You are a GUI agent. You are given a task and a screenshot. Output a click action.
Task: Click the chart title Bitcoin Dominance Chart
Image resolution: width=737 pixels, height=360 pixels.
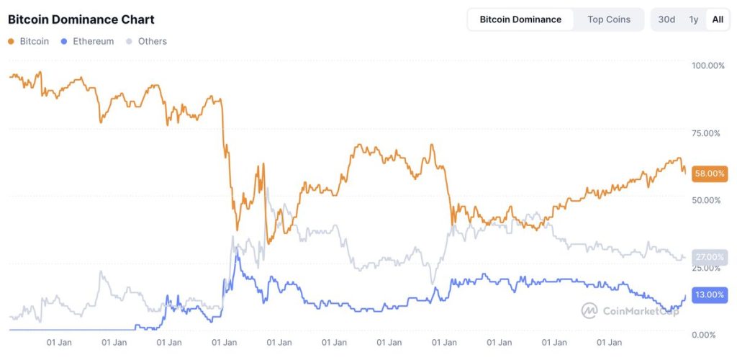(x=81, y=19)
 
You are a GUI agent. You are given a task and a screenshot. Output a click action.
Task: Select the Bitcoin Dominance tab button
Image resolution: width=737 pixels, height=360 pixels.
(x=520, y=19)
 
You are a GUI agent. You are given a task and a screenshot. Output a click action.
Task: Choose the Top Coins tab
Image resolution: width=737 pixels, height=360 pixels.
(x=609, y=19)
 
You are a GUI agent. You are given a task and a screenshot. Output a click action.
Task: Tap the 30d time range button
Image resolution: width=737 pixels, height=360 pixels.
(x=666, y=19)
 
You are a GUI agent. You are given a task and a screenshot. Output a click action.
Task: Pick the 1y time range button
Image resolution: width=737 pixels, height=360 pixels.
(x=693, y=19)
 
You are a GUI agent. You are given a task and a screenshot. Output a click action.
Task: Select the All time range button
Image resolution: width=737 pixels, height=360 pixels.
(x=718, y=19)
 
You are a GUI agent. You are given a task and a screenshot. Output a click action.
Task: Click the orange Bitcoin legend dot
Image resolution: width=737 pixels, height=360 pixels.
(x=11, y=42)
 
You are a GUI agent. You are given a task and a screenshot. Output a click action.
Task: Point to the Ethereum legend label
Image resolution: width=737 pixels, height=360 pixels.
(x=93, y=42)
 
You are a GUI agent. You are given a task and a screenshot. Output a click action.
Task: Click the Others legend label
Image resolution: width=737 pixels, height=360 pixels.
(x=152, y=42)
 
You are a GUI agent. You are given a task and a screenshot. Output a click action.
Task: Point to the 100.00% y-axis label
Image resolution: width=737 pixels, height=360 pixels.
(x=708, y=66)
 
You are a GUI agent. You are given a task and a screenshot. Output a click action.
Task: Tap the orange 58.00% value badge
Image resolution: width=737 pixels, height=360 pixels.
(x=709, y=174)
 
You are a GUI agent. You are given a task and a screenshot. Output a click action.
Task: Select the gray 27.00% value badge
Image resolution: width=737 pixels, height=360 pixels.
(x=709, y=257)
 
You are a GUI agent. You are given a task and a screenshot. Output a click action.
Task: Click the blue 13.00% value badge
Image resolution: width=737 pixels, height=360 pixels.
(x=709, y=294)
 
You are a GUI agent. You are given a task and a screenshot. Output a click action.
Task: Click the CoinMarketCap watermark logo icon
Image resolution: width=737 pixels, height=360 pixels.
(x=589, y=310)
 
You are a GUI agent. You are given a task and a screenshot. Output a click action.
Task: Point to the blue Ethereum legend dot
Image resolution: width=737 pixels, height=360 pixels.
(x=65, y=42)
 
